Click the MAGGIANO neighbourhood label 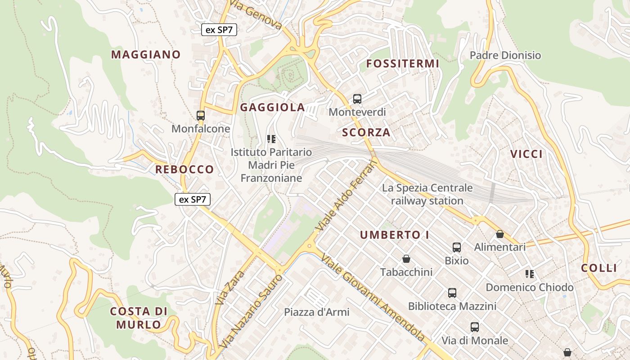click(x=146, y=54)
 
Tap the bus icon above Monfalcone click(x=201, y=116)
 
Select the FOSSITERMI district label click(x=402, y=63)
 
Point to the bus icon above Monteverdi click(x=357, y=99)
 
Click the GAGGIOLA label click(x=272, y=107)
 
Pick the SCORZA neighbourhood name click(x=366, y=132)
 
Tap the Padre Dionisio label click(x=505, y=55)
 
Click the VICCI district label click(x=526, y=154)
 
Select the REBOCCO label click(x=184, y=169)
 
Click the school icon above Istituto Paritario click(x=271, y=139)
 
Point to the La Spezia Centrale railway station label click(x=427, y=194)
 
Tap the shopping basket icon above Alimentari click(x=499, y=234)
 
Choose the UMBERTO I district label click(x=394, y=234)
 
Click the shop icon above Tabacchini click(x=406, y=259)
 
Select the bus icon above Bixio click(x=457, y=247)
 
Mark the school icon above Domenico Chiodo click(x=530, y=274)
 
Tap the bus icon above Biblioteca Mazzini click(x=452, y=293)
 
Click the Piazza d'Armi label click(x=316, y=312)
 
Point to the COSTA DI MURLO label click(x=139, y=318)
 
